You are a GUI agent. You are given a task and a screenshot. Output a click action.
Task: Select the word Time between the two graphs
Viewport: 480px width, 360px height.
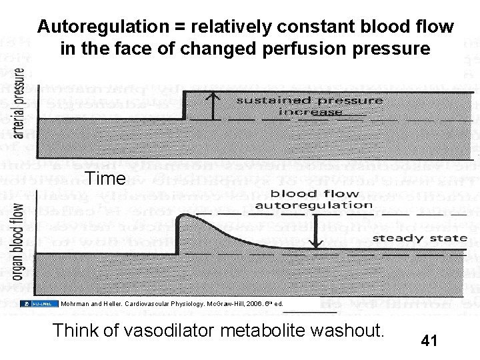[x=105, y=179]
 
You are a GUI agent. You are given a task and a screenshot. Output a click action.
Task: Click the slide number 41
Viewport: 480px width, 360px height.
[x=429, y=341]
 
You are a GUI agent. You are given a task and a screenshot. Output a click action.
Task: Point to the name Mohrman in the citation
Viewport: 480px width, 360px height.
[x=75, y=304]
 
